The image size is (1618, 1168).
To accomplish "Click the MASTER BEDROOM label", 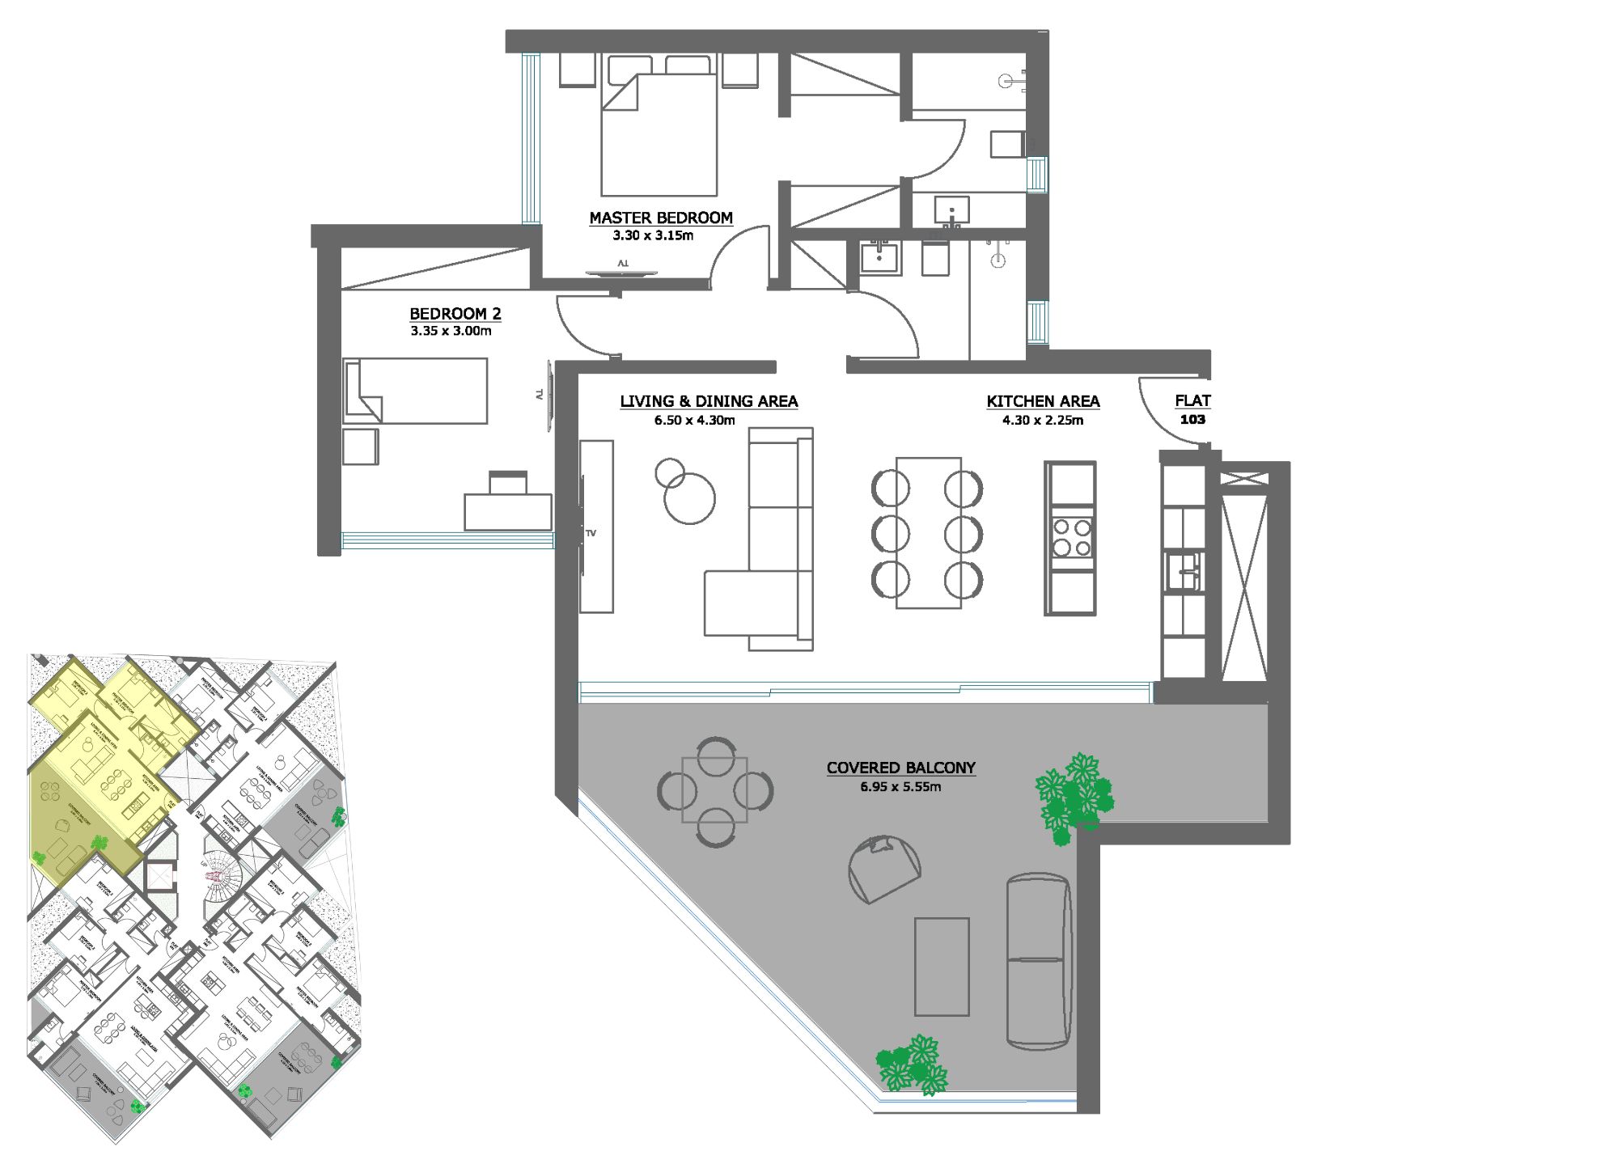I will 660,218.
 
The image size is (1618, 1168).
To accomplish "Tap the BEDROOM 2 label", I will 455,314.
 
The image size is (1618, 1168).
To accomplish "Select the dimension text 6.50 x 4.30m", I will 694,421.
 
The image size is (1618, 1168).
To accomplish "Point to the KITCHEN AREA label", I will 1042,401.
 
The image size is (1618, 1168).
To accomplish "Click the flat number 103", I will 1192,420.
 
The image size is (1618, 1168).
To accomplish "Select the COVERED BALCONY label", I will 900,768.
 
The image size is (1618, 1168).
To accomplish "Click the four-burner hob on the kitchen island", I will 1070,538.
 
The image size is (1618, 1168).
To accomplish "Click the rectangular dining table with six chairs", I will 928,532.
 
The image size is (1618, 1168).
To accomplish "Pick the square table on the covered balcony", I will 714,789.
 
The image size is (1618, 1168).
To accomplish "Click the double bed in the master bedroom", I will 659,133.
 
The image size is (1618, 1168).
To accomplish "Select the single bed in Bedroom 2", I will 415,391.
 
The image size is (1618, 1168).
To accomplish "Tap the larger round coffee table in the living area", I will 689,499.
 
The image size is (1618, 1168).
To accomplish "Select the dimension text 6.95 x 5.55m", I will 900,787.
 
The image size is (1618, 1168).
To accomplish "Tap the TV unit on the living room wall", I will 596,526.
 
